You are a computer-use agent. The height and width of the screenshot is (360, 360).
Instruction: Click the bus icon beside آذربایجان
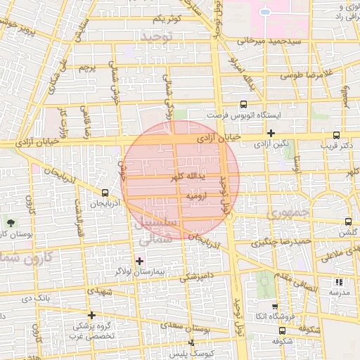coord(105,193)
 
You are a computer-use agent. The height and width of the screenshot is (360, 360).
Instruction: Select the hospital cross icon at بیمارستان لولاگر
coord(139,261)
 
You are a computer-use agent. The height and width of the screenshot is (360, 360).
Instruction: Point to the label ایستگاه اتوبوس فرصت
coord(236,114)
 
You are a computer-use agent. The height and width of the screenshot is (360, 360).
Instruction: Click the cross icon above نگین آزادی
coord(271,133)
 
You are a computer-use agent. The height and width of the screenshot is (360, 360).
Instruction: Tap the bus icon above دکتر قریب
coord(336,135)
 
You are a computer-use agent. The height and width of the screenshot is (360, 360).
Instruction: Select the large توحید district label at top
coord(156,35)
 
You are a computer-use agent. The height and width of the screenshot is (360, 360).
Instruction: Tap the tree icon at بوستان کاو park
coord(9,223)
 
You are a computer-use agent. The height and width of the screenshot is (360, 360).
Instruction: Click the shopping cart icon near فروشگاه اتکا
coord(274,307)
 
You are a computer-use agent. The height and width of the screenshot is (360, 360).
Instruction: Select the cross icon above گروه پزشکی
coord(91,315)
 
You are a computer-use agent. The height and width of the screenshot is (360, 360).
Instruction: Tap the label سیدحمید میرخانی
coord(264,41)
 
